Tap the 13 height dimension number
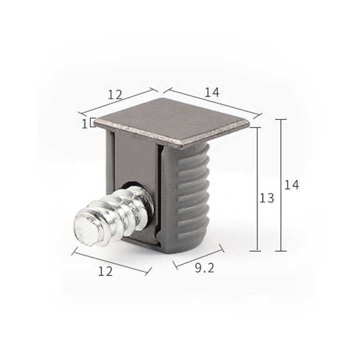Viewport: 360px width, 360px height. pyautogui.click(x=266, y=198)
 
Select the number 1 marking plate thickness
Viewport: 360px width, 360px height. pyautogui.click(x=84, y=123)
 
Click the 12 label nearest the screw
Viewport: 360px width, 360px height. pyautogui.click(x=105, y=271)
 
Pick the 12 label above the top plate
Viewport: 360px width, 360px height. pyautogui.click(x=114, y=94)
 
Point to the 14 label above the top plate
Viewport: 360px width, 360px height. pyautogui.click(x=211, y=92)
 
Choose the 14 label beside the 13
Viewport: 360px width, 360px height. pyautogui.click(x=291, y=185)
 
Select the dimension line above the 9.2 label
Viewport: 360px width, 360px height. pyautogui.click(x=198, y=255)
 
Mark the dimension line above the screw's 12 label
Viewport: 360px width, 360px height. pyautogui.click(x=111, y=260)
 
